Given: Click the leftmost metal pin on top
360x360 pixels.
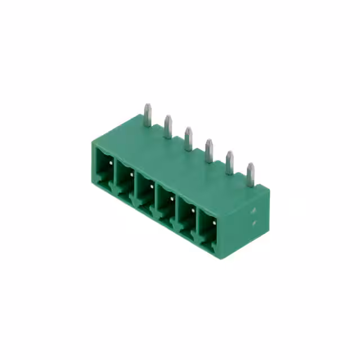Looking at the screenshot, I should point(147,115).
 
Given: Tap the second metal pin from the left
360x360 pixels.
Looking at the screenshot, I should point(168,126).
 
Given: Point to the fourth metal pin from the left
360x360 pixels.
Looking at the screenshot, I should point(209,150).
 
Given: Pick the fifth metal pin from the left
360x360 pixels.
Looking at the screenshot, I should point(229,163).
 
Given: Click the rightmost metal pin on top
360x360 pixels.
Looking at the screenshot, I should point(250,174).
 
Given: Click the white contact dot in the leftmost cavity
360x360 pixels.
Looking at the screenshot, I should point(111,162).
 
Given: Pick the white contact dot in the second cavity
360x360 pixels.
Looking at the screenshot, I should point(132,175).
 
